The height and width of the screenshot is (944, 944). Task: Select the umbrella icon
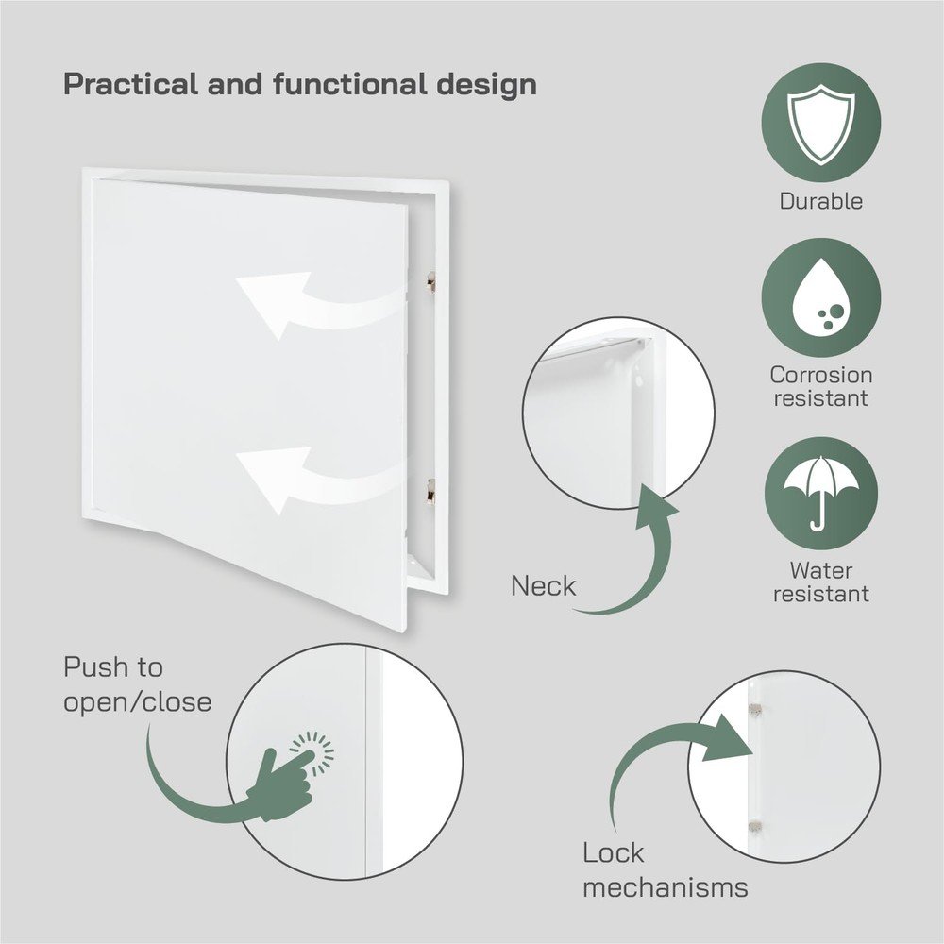point(821,491)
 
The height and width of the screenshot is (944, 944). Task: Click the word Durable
point(820,201)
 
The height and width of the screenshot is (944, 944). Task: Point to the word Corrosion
point(820,375)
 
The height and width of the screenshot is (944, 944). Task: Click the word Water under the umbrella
point(820,570)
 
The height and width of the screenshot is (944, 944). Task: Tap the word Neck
point(543,586)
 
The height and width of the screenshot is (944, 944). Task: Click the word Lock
point(614,853)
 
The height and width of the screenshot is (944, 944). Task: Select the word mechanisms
point(666,887)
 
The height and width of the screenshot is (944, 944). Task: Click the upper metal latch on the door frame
point(430,281)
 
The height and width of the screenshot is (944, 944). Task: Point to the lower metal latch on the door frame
point(430,490)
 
